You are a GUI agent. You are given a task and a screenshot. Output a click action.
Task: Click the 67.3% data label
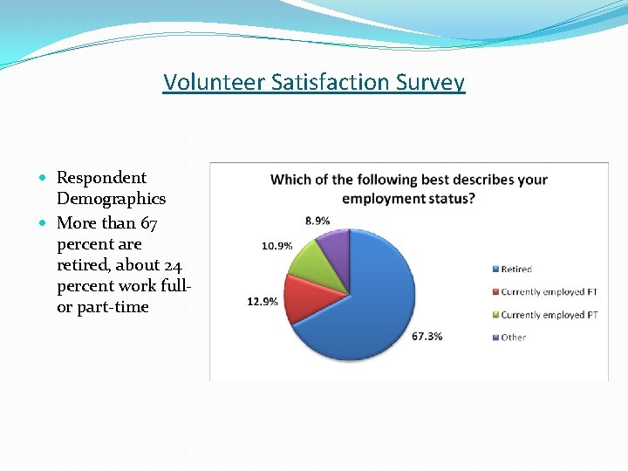point(427,336)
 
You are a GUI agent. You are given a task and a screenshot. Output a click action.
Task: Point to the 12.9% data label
point(263,302)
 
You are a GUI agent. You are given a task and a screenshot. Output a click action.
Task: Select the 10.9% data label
point(276,246)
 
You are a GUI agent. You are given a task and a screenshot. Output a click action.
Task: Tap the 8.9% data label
point(317,221)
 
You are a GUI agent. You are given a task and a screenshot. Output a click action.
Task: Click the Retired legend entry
point(515,270)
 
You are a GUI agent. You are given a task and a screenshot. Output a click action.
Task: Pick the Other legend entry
point(513,338)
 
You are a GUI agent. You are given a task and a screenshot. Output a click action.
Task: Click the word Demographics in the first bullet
point(111,199)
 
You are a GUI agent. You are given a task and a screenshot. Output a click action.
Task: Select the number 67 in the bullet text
point(147,223)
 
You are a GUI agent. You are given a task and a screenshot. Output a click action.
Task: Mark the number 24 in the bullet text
point(172,265)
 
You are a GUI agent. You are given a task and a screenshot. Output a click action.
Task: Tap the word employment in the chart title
point(380,199)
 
